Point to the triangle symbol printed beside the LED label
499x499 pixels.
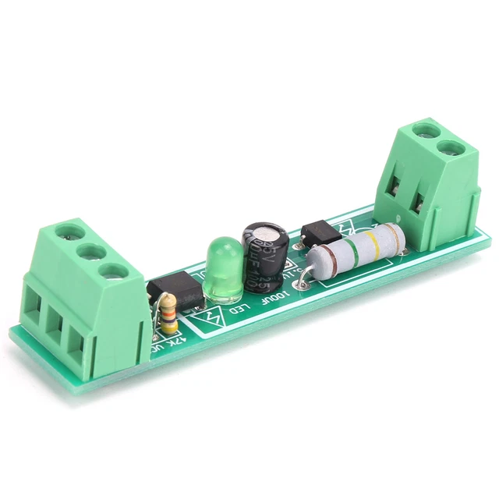click(x=213, y=318)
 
